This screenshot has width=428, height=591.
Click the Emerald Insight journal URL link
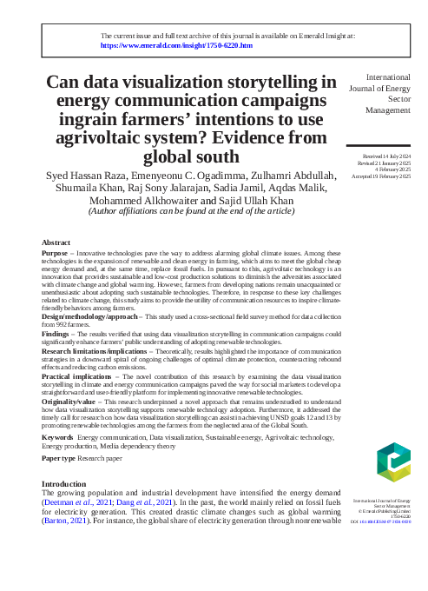click(177, 44)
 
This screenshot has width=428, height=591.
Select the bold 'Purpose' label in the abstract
click(55, 252)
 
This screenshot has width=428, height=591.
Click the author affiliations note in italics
click(192, 211)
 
